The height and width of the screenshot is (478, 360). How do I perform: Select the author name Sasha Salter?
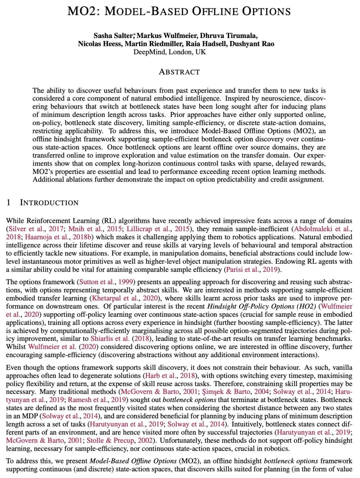point(113,36)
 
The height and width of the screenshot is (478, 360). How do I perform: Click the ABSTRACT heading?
point(179,72)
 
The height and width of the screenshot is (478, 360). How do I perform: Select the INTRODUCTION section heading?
point(49,203)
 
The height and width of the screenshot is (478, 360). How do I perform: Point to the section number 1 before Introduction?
point(9,203)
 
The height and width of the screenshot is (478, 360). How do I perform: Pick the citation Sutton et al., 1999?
point(106,282)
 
